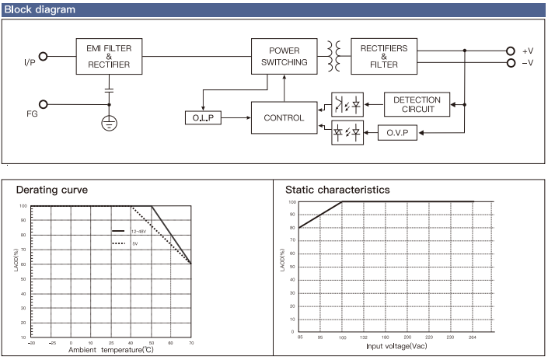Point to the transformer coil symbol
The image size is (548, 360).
pos(333,56)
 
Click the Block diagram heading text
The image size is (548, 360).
pos(40,9)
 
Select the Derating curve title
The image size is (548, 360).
pos(52,190)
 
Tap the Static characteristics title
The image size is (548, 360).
pos(337,190)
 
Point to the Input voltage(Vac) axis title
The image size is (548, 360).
pos(396,346)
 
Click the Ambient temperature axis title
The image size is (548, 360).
pos(111,350)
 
